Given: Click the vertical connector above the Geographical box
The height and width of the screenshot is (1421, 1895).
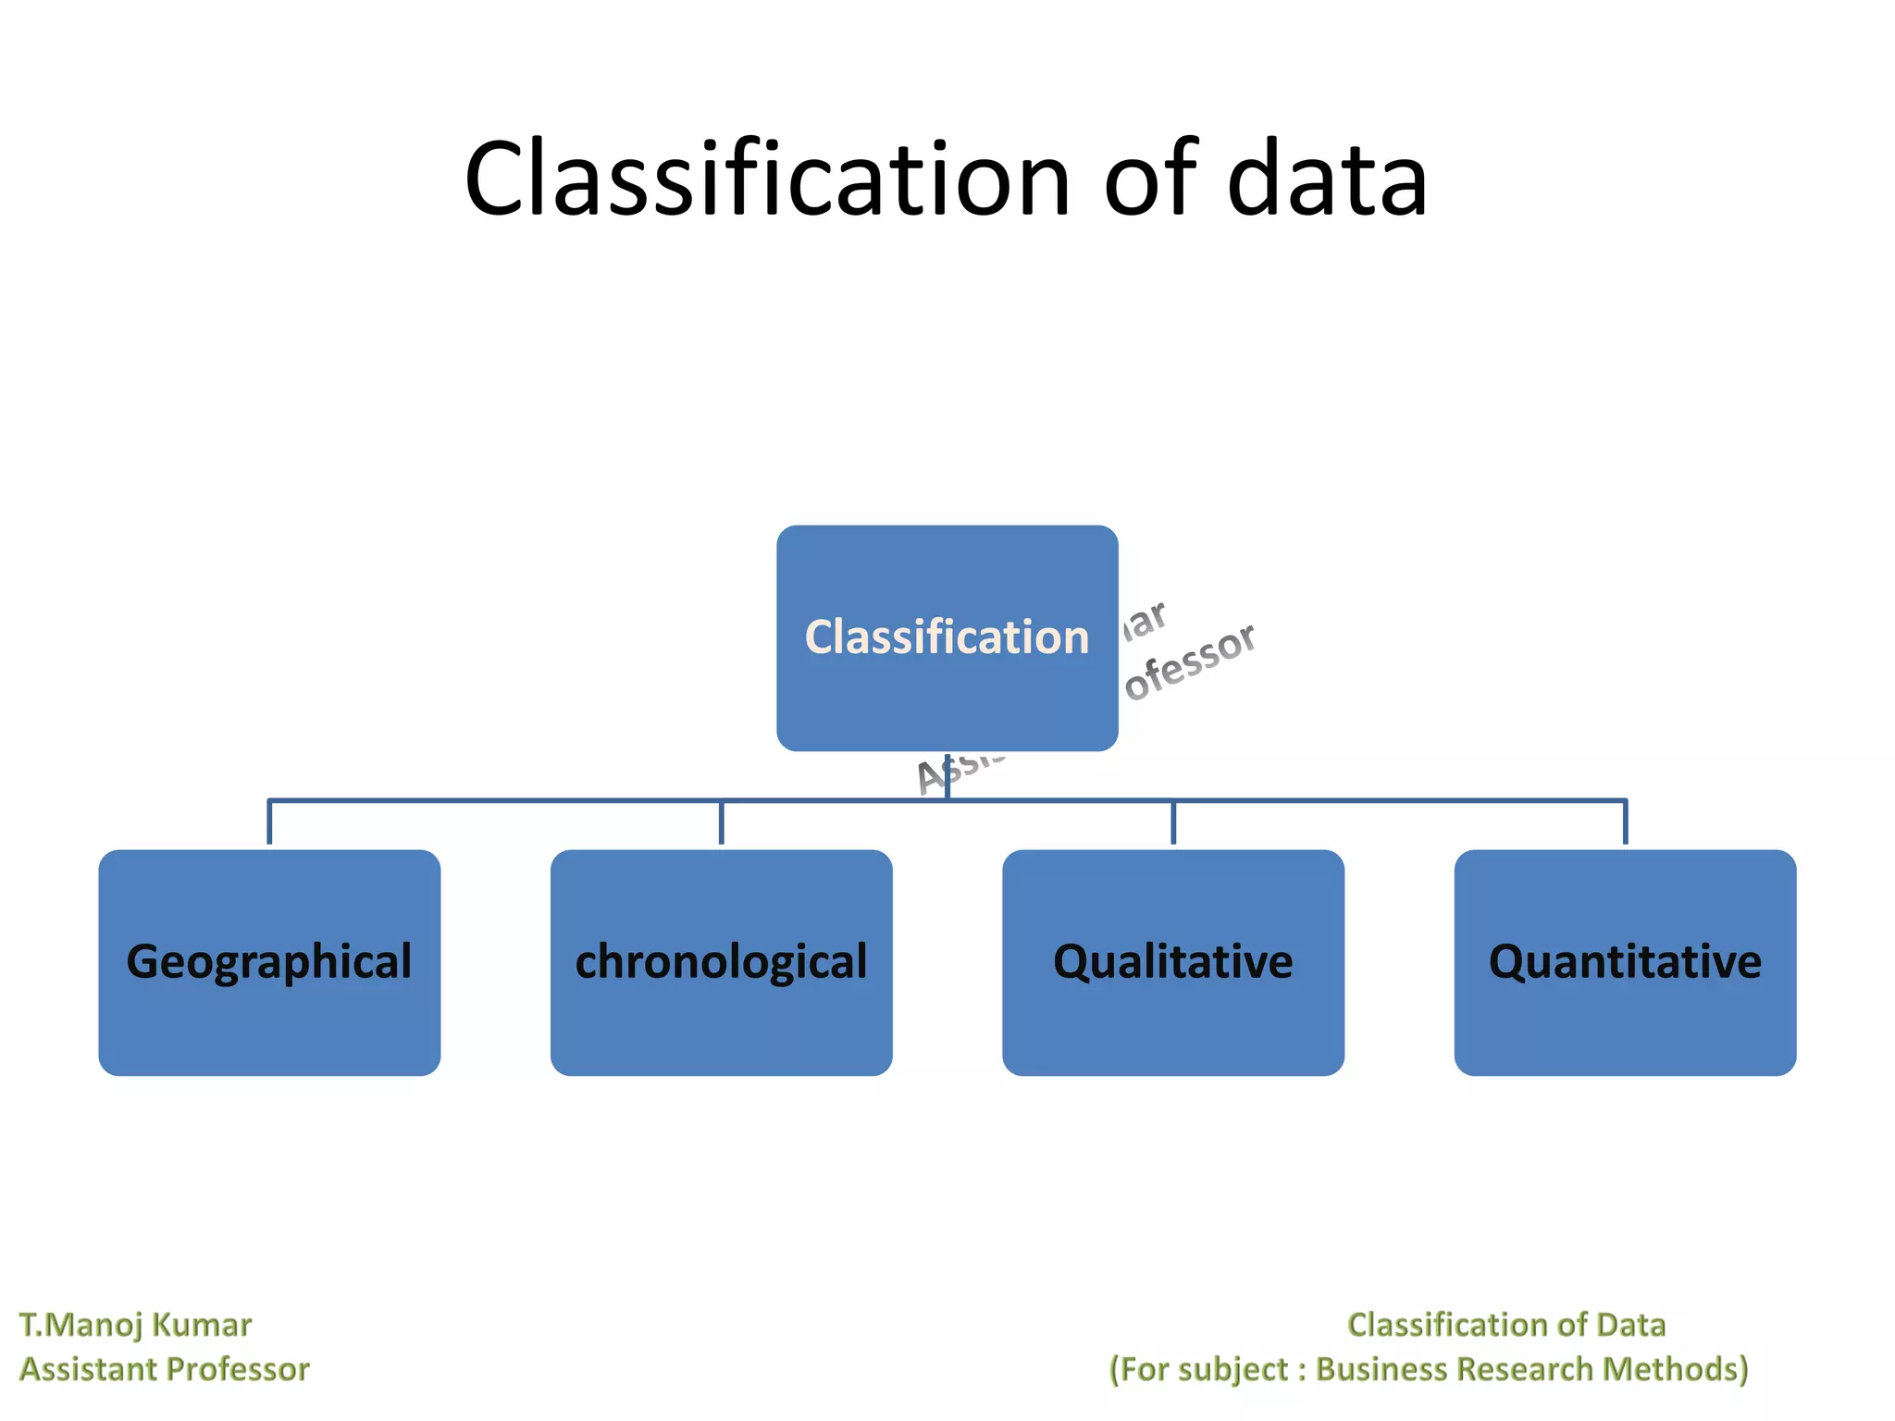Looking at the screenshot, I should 269,822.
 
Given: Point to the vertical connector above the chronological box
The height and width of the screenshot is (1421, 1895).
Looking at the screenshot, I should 721,822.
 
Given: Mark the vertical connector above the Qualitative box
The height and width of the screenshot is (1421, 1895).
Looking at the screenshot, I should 1173,822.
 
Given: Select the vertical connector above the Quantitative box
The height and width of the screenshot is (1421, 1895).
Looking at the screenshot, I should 1625,822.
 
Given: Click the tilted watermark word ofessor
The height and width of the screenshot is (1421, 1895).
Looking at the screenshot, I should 1192,662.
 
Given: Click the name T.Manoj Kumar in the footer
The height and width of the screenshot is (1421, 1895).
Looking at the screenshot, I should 135,1325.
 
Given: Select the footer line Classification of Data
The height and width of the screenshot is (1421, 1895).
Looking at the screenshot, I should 1505,1325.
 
